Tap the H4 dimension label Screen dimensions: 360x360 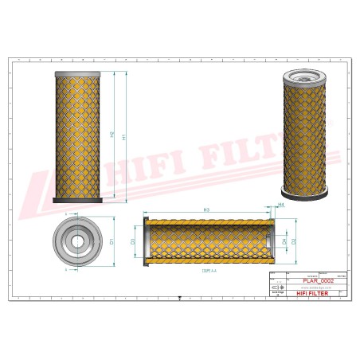[x=281, y=205]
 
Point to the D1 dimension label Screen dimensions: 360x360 [x=112, y=241]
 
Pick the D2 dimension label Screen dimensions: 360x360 [x=293, y=241]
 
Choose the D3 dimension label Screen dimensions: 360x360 [x=133, y=241]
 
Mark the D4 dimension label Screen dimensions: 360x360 [x=284, y=241]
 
